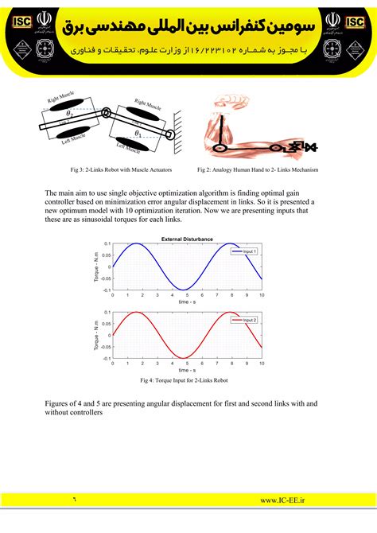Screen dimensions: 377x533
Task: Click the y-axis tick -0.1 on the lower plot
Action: point(105,359)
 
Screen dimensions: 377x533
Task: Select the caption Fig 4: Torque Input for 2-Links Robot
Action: point(188,381)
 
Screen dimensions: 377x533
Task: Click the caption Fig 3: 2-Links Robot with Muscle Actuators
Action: point(113,169)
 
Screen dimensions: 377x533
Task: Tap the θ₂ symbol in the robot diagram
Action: point(70,115)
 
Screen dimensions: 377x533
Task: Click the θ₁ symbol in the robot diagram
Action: point(138,133)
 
